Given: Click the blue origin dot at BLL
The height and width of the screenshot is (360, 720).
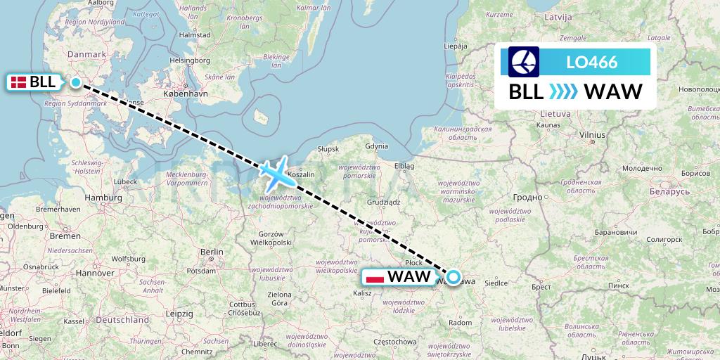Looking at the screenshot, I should [76, 82].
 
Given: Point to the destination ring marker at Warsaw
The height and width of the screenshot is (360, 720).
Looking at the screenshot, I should [454, 277].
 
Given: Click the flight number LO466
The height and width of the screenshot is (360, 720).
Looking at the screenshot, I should [591, 63].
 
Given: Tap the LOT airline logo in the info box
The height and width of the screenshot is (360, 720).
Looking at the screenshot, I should [524, 62].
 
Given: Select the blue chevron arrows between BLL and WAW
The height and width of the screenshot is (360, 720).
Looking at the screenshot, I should [562, 91].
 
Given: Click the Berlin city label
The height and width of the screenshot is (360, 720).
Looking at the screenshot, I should [211, 252].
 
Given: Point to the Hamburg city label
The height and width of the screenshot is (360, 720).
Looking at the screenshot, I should [103, 198].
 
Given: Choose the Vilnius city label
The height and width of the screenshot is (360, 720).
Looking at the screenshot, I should [592, 134].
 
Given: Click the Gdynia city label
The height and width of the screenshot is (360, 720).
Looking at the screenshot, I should [377, 146].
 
